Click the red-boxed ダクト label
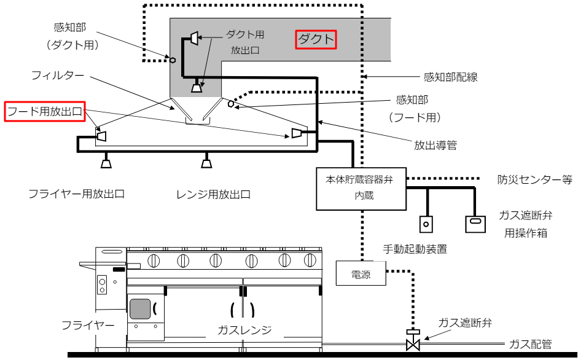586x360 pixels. pos(316,40)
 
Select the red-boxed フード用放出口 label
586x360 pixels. pos(44,111)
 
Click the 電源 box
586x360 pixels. pos(361,273)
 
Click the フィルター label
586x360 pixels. pos(61,76)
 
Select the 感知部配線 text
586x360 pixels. pos(450,77)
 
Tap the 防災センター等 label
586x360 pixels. pos(534,180)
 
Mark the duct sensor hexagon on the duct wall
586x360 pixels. pos(173,60)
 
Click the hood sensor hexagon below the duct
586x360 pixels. pos(231,104)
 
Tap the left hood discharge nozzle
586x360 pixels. pos(101,135)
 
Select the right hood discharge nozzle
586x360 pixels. pos(297,133)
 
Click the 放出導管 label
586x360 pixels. pos(436,145)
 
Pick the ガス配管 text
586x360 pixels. pos(531,344)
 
